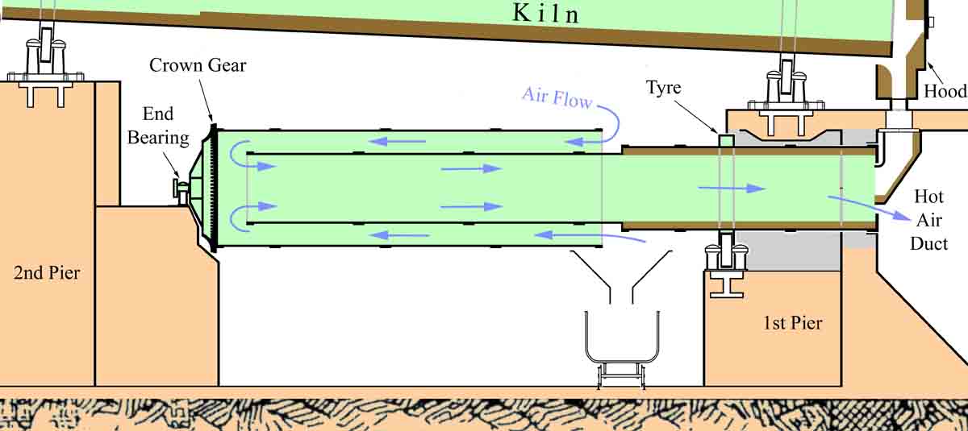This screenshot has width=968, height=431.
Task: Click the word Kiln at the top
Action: [x=546, y=14]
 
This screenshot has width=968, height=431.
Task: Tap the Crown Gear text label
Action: [x=198, y=65]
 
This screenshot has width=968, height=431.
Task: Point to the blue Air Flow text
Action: [x=557, y=97]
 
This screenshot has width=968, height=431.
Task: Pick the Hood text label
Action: [x=945, y=91]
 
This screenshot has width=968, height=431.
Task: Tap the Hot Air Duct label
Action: [x=928, y=218]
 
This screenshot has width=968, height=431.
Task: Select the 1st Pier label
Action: [x=792, y=324]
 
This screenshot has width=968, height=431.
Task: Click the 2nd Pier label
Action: [x=47, y=273]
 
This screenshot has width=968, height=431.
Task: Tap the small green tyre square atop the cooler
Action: [x=725, y=140]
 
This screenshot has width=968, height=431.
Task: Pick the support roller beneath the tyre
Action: [x=725, y=255]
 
